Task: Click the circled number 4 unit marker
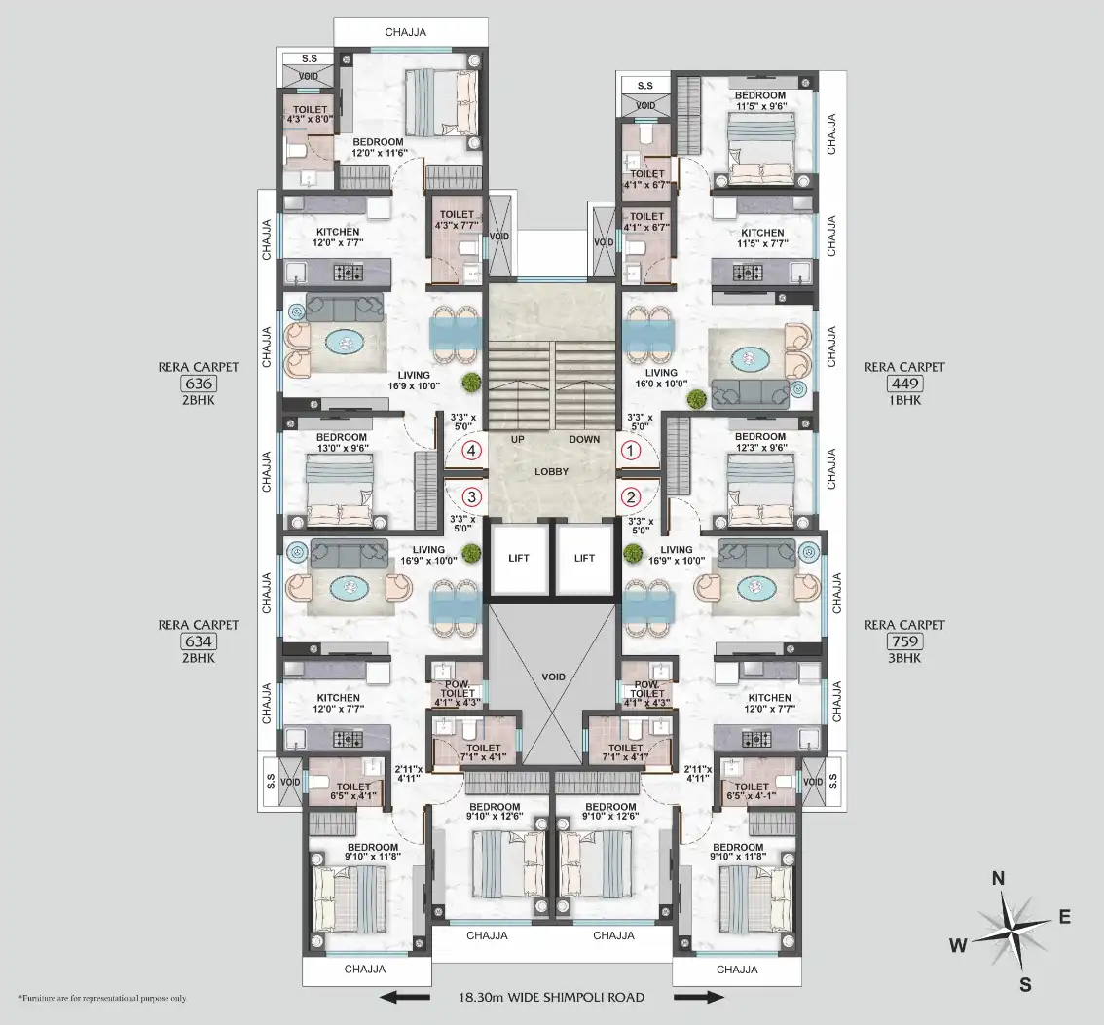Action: point(471,451)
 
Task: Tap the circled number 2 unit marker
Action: point(630,497)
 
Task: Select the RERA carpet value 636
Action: point(199,384)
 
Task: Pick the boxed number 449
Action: point(904,384)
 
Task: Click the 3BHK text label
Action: point(904,658)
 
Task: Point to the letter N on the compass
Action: point(998,878)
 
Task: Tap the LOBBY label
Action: point(551,472)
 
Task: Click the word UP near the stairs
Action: point(518,439)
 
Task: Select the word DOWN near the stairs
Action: point(584,439)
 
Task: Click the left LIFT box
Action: point(518,559)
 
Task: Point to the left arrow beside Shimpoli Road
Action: point(404,997)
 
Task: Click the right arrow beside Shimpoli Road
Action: point(698,997)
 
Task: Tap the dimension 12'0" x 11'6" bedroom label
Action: point(381,153)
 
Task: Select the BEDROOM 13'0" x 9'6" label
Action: point(342,442)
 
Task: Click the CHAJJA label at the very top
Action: point(406,32)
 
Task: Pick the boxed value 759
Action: point(904,641)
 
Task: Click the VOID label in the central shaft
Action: point(553,677)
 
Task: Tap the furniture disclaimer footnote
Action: point(103,999)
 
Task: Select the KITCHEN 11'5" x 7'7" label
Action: point(762,238)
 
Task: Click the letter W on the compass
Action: point(958,945)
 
